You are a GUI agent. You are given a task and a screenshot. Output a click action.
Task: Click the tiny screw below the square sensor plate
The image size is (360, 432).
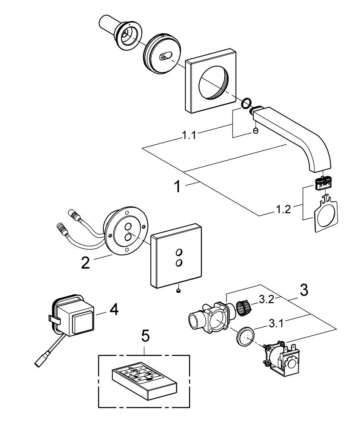[x=178, y=290]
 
